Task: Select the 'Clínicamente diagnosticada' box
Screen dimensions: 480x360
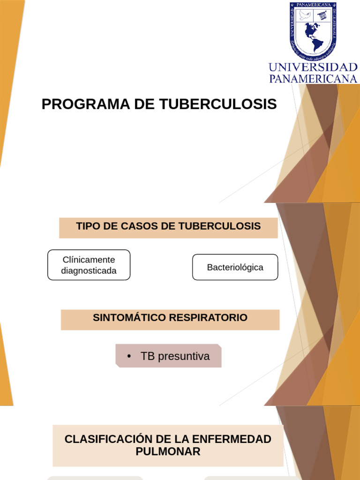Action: pos(89,265)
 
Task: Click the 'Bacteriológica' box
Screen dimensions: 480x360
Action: pos(235,267)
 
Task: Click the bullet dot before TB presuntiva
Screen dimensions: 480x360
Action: pos(128,357)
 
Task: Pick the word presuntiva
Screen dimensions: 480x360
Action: pos(184,356)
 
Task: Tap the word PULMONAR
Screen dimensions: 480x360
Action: pos(168,451)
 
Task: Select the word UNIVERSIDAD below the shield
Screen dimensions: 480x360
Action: pos(313,67)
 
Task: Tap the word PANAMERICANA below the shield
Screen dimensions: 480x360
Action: pos(313,78)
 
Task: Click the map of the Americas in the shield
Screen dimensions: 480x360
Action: pos(312,36)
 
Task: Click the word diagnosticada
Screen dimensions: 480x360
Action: pos(89,270)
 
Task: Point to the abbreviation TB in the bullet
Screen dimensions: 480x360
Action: pos(148,356)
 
